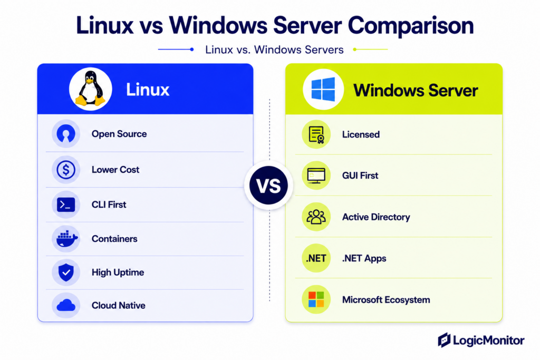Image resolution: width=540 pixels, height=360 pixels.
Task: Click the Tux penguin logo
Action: tap(90, 88)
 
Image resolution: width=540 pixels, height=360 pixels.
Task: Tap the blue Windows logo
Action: tap(323, 89)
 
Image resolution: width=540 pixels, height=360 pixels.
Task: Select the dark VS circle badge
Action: tap(268, 185)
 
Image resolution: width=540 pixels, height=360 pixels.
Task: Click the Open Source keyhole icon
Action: tap(66, 134)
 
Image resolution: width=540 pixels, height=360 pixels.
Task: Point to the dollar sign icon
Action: tap(66, 169)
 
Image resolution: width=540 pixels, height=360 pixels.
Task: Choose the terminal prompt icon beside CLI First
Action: tap(66, 205)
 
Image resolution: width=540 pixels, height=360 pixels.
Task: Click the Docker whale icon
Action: tap(66, 239)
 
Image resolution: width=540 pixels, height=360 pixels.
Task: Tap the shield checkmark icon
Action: tap(66, 272)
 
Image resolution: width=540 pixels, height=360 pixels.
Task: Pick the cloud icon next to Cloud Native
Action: tap(66, 305)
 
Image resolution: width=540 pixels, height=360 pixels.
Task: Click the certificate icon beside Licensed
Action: tap(316, 134)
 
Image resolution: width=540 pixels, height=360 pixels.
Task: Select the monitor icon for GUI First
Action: tap(316, 176)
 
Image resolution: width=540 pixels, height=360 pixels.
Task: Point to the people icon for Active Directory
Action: tap(316, 217)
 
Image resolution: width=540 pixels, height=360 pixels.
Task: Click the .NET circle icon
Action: tap(316, 258)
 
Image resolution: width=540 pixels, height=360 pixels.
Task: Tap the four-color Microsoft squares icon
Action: tap(316, 299)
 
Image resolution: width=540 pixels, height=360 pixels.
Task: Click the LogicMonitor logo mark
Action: tap(444, 340)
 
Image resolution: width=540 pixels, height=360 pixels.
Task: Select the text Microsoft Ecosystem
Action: tap(386, 300)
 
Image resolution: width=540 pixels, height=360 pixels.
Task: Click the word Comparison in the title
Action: tap(411, 26)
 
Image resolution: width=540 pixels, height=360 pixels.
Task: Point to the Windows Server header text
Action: tap(416, 91)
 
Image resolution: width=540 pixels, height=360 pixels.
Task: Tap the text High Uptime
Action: tap(118, 273)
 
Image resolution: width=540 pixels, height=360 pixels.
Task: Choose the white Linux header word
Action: tap(148, 90)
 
